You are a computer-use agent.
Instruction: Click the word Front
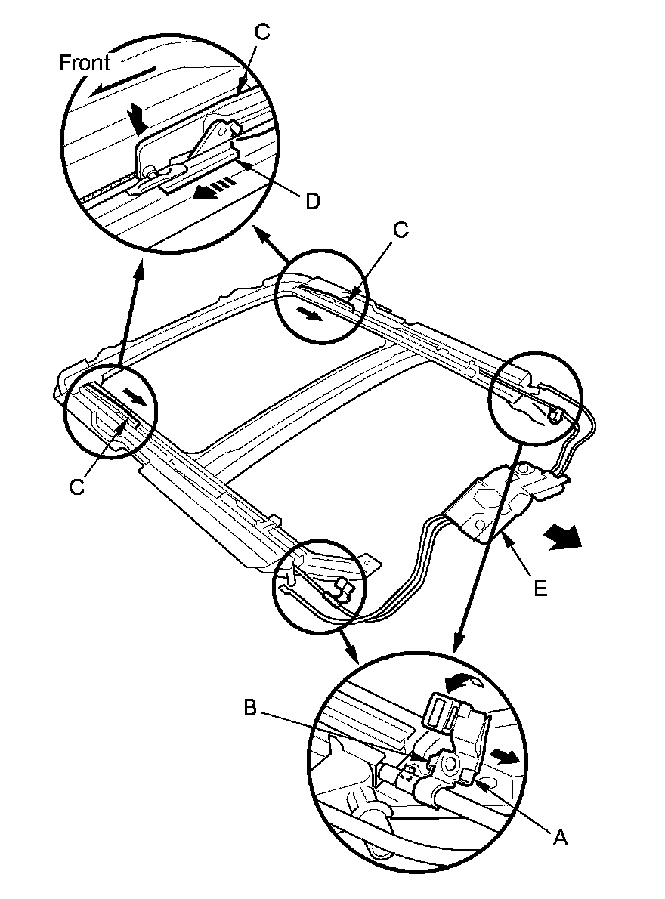click(x=85, y=63)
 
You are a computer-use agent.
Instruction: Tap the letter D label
click(x=312, y=201)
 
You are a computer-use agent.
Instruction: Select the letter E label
click(x=540, y=589)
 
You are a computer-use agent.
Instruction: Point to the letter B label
click(x=250, y=708)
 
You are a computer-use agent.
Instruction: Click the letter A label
click(x=561, y=838)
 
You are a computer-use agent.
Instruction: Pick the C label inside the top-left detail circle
click(x=261, y=32)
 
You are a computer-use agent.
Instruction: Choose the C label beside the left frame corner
click(x=76, y=487)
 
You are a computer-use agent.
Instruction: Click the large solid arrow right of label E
click(x=563, y=538)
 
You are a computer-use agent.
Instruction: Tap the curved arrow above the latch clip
click(x=465, y=682)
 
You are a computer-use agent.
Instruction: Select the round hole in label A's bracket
click(x=449, y=763)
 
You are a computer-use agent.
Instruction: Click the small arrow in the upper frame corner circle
click(x=309, y=314)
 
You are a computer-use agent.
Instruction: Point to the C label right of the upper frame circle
click(x=401, y=230)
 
